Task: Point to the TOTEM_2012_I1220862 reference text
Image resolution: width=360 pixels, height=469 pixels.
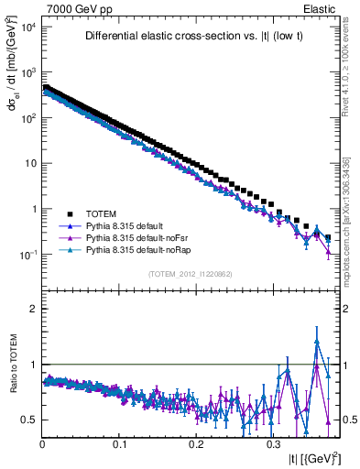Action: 191,274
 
